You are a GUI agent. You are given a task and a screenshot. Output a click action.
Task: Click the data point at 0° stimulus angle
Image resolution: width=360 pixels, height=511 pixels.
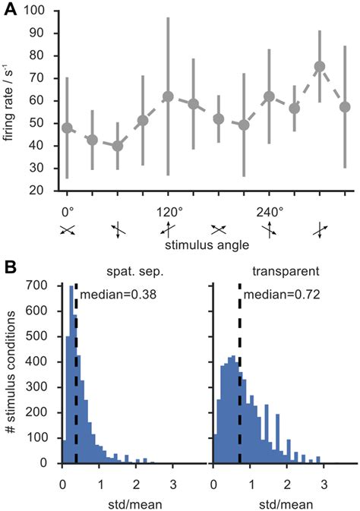[67, 128]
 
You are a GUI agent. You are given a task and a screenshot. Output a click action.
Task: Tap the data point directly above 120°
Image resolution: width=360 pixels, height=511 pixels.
[168, 97]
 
